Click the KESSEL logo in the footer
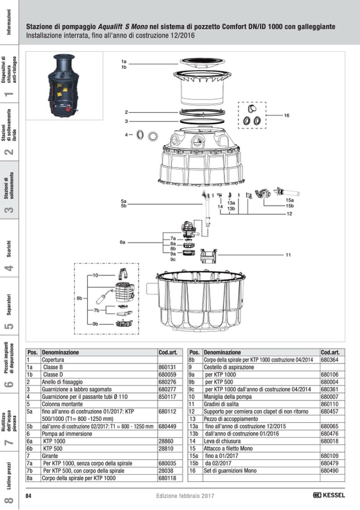click(x=330, y=495)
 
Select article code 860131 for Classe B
click(x=167, y=367)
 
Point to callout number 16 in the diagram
click(x=286, y=115)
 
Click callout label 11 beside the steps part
click(x=288, y=255)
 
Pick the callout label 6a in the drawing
click(x=122, y=242)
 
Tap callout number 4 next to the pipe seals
click(x=127, y=135)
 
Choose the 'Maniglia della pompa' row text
click(x=223, y=397)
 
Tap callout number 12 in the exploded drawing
click(x=289, y=214)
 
